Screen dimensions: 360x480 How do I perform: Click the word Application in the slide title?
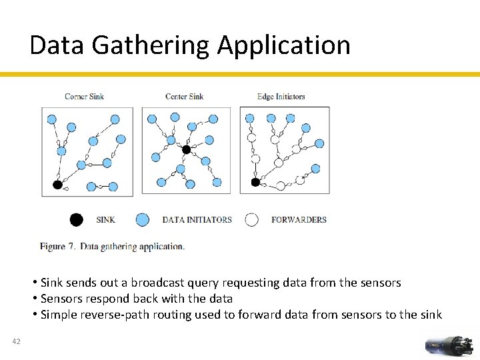(x=283, y=45)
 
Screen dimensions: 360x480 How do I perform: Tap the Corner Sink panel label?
(x=84, y=97)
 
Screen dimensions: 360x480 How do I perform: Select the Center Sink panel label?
(x=184, y=97)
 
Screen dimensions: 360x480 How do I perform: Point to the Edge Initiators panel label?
(x=281, y=97)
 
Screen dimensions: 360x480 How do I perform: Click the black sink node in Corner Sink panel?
(x=57, y=184)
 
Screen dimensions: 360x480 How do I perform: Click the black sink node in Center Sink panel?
(x=187, y=149)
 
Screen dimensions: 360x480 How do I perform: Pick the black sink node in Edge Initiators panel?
(x=255, y=182)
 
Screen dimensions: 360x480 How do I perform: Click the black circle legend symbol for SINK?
(x=77, y=219)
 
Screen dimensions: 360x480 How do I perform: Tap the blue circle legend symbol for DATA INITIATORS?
(x=142, y=219)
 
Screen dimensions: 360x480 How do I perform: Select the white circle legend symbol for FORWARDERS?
(x=251, y=219)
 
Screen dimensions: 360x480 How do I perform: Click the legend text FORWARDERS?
(x=299, y=219)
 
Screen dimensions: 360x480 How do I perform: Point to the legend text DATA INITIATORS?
(x=197, y=219)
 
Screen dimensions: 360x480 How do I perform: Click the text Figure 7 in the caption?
(x=57, y=247)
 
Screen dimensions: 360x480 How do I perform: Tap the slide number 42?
(x=17, y=342)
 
